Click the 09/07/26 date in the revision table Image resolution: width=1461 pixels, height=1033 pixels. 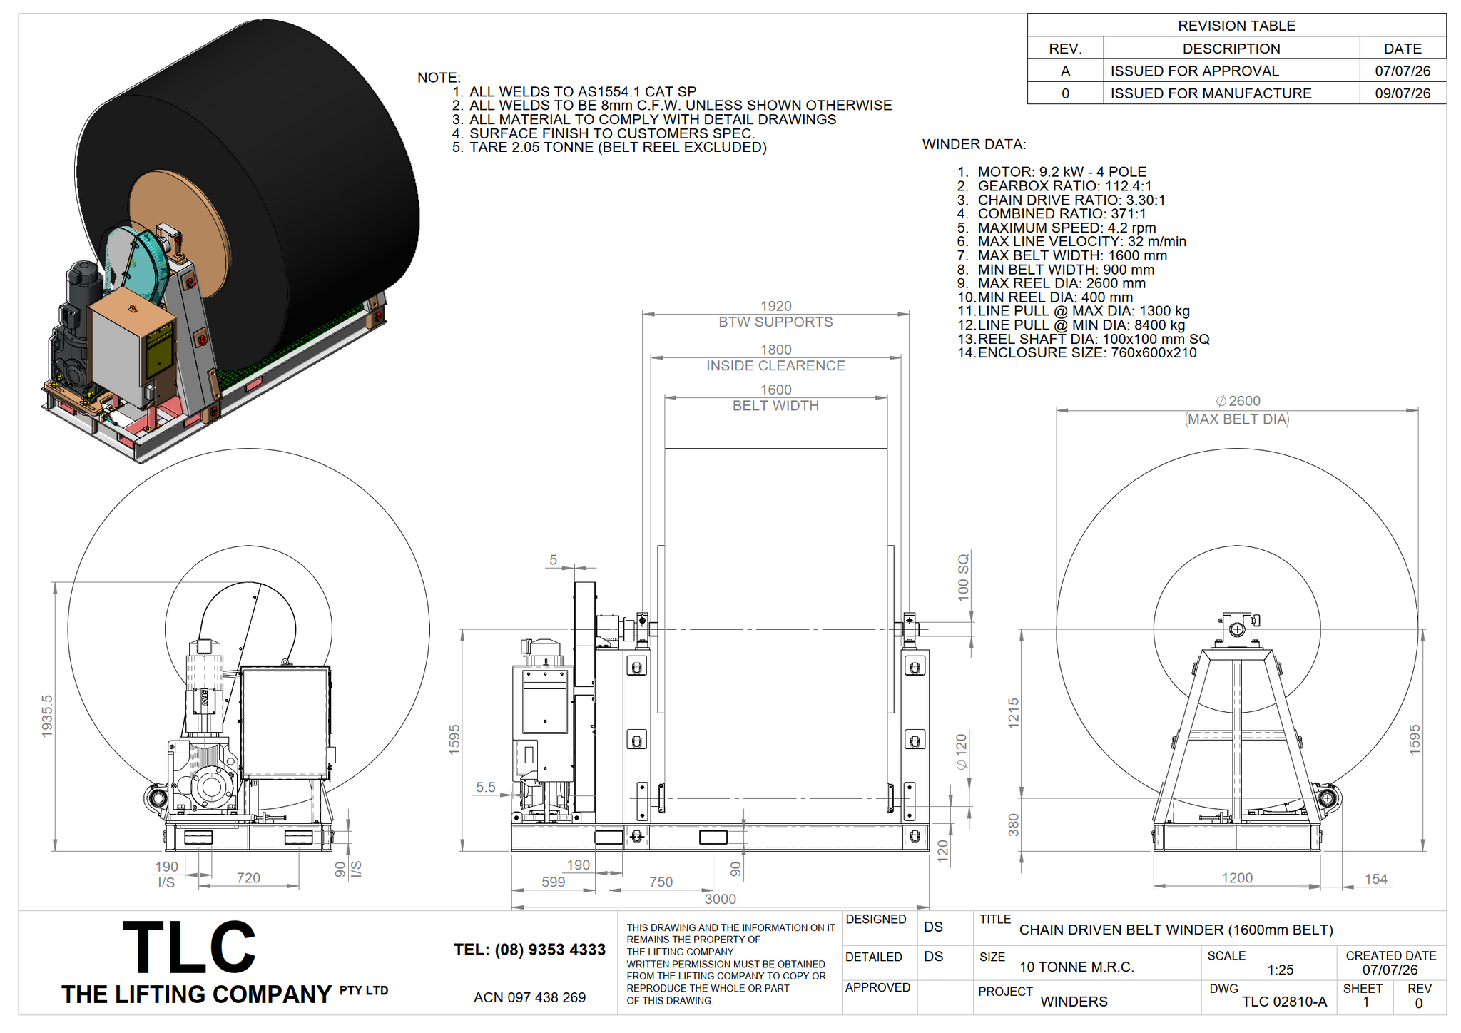click(1403, 93)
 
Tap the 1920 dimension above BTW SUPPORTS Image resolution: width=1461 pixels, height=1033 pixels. click(775, 306)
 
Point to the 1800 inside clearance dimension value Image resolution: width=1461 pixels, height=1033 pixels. click(775, 350)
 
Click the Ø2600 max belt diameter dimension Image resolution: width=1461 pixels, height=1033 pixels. click(1238, 401)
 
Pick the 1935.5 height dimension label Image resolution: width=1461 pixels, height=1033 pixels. click(47, 716)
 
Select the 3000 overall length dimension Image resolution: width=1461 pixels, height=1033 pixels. click(720, 899)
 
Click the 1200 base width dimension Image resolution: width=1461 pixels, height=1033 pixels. click(1237, 878)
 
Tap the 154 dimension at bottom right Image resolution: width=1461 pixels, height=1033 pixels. click(1376, 880)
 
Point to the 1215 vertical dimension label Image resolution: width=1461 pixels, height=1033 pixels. click(1014, 713)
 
